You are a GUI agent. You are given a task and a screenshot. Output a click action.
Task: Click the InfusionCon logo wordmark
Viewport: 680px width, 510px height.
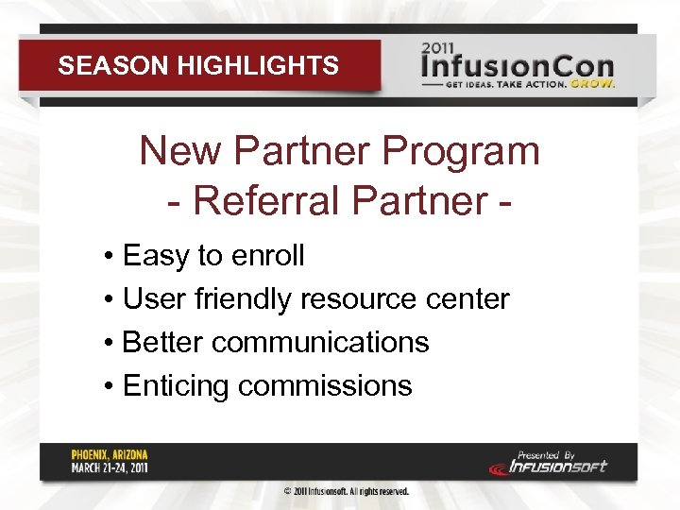click(518, 69)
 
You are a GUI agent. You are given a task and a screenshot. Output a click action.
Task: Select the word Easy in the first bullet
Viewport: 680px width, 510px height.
click(155, 256)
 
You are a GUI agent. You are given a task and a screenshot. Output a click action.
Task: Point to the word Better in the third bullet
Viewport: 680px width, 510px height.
click(163, 342)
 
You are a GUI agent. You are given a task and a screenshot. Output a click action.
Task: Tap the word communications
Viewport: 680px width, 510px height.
click(320, 342)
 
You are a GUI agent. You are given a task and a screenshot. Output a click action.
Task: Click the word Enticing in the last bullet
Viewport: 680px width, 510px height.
click(177, 385)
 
